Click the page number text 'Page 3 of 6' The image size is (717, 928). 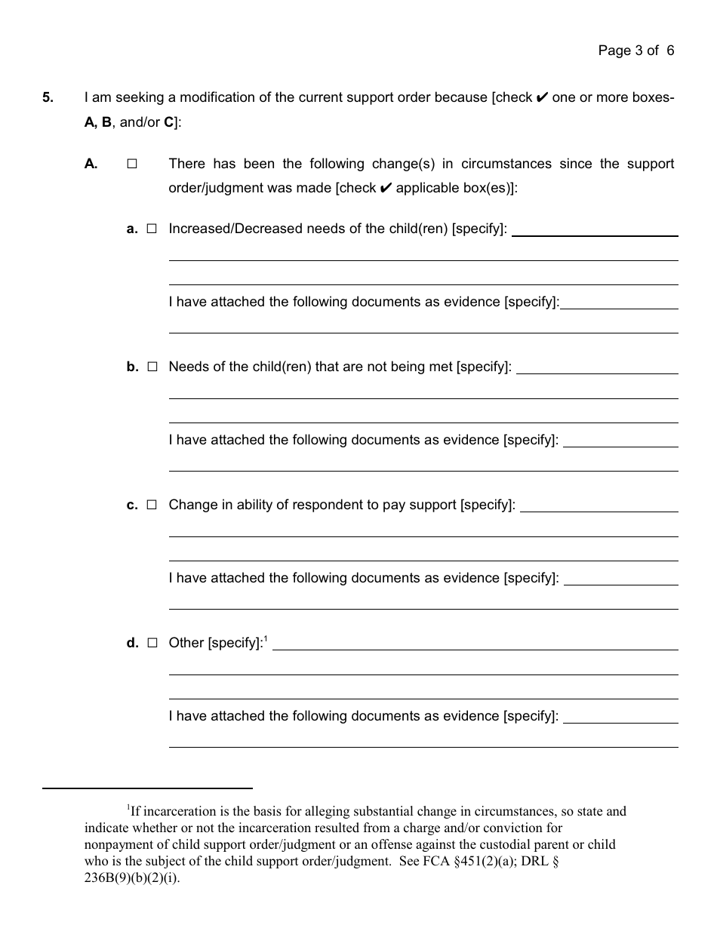click(x=635, y=51)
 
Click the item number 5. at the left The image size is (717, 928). click(x=48, y=97)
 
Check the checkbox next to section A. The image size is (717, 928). click(x=132, y=164)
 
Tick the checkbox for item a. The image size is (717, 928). click(x=152, y=229)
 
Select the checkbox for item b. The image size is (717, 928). click(x=152, y=367)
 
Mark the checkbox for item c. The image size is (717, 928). click(x=152, y=505)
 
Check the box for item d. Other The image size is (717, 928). click(x=152, y=643)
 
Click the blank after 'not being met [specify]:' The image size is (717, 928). click(x=596, y=371)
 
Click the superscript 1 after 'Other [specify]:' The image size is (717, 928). click(x=266, y=638)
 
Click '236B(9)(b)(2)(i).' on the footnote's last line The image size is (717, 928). click(x=132, y=878)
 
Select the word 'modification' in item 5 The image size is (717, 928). click(x=223, y=97)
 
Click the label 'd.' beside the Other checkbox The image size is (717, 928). click(x=133, y=643)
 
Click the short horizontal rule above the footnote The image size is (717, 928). click(x=147, y=788)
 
